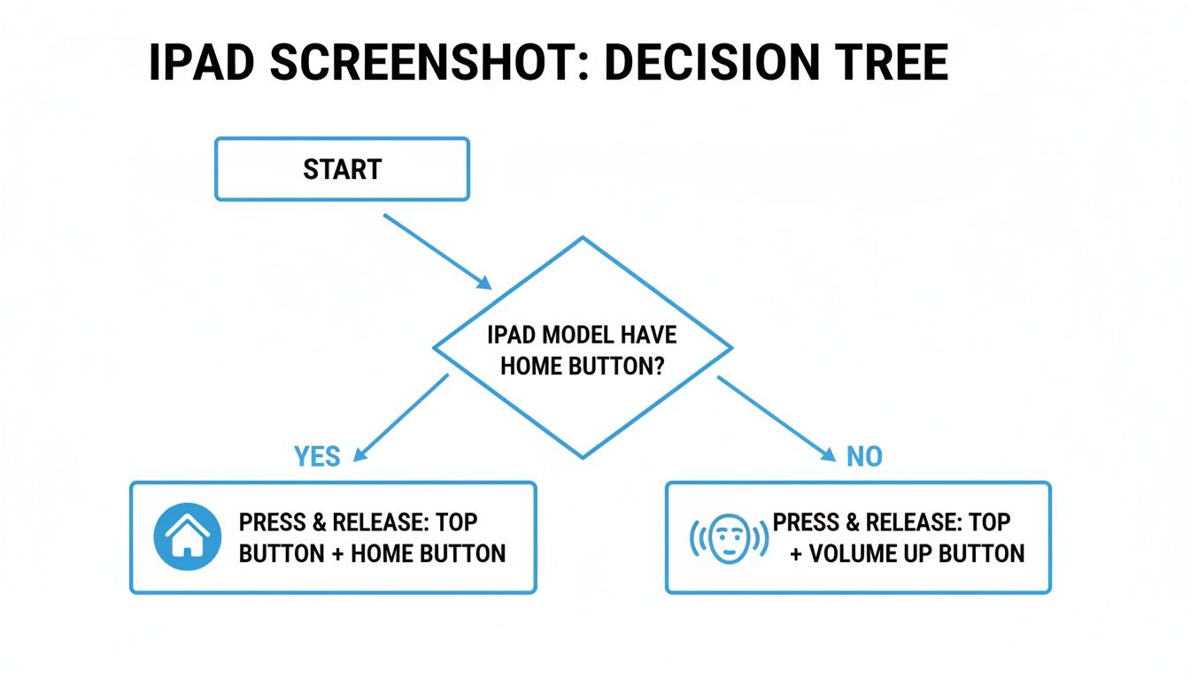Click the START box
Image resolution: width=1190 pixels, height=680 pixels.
[342, 169]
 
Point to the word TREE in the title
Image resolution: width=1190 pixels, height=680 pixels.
[890, 63]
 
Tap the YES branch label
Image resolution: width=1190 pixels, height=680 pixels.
[317, 457]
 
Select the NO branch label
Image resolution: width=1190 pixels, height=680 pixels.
[864, 457]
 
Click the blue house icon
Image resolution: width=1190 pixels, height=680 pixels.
[187, 537]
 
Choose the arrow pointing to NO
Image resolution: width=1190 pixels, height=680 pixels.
[775, 417]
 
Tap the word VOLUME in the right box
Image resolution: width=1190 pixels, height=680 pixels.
[860, 554]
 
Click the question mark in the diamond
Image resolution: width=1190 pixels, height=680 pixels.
[657, 366]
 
